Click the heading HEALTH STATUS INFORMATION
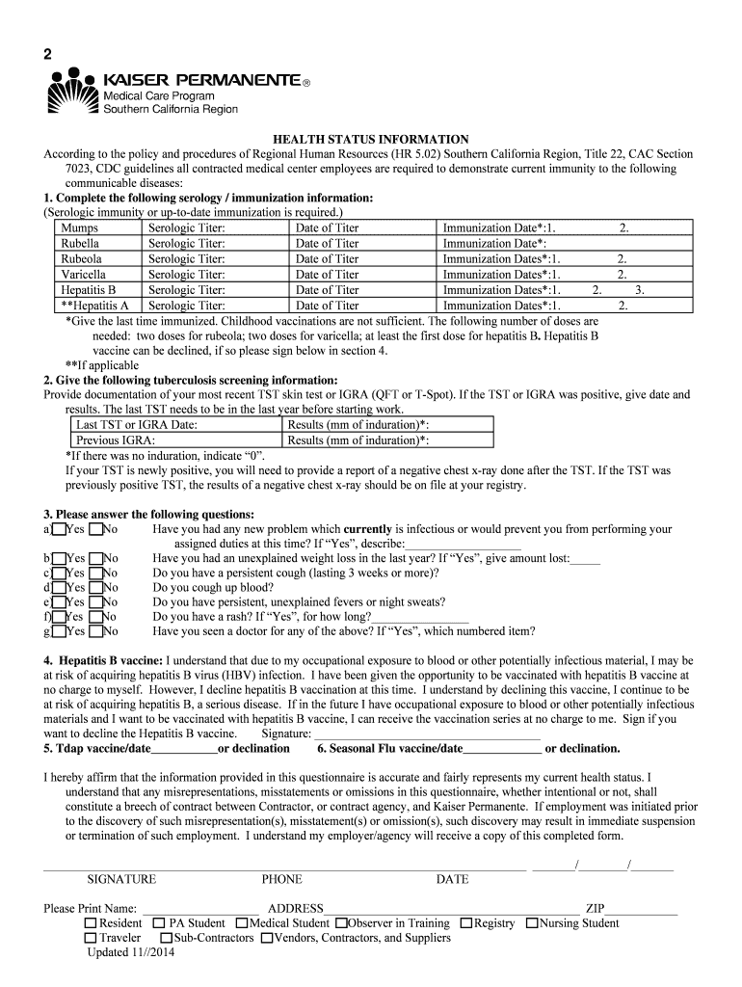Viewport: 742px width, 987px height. pos(370,140)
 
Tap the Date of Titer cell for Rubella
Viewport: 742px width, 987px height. pos(327,244)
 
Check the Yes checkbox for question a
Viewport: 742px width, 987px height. pos(60,529)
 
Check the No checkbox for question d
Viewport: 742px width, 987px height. pos(94,588)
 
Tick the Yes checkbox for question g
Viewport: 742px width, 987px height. pos(60,631)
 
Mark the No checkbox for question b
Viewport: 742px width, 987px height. pos(94,559)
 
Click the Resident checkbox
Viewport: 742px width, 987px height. pos(91,923)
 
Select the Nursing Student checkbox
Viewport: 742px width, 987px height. pos(532,923)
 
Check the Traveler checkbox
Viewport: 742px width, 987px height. pos(91,938)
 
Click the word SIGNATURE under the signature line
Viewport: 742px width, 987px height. pos(121,879)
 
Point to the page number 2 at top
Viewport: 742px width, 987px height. pos(47,53)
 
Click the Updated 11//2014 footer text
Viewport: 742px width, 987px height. pos(131,952)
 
